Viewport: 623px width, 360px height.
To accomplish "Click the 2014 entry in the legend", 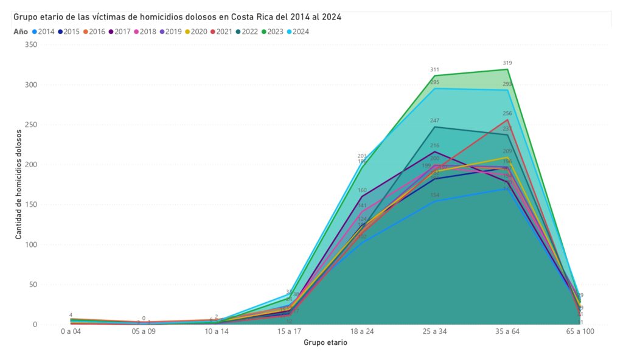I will click(46, 32).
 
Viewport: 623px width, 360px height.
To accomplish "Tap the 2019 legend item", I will click(172, 32).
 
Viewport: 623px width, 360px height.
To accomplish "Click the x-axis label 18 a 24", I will click(362, 332).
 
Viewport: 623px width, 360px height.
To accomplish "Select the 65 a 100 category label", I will click(579, 332).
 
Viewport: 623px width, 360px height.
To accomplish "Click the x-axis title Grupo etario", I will click(325, 342).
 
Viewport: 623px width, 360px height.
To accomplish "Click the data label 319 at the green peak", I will click(507, 63).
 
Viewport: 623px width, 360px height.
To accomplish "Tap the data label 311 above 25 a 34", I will click(434, 70).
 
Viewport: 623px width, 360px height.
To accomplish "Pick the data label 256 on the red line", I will click(507, 113).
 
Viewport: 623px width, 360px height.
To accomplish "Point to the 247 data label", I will click(434, 121).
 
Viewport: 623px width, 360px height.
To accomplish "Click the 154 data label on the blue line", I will click(434, 195).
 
